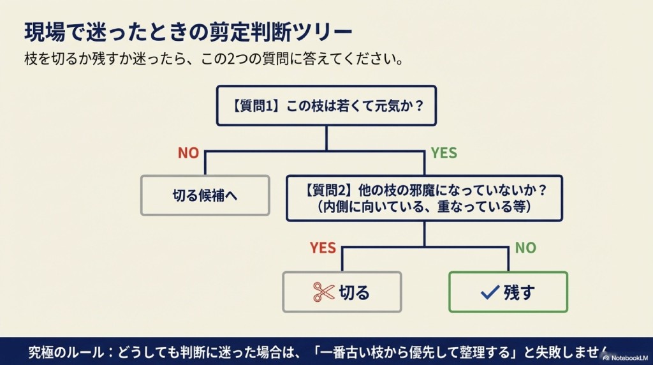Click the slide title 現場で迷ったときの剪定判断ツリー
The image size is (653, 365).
pyautogui.click(x=187, y=31)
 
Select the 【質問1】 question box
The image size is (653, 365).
pyautogui.click(x=325, y=105)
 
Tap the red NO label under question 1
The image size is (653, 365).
pyautogui.click(x=188, y=153)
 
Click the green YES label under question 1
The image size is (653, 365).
pyautogui.click(x=444, y=153)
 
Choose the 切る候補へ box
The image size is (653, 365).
pyautogui.click(x=205, y=196)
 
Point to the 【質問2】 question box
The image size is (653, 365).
pyautogui.click(x=424, y=198)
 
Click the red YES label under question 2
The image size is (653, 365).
pyautogui.click(x=323, y=248)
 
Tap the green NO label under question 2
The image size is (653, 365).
pyautogui.click(x=525, y=248)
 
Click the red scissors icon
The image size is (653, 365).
pyautogui.click(x=323, y=292)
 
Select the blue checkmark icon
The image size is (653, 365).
pyautogui.click(x=489, y=292)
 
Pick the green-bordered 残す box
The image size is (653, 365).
pyautogui.click(x=508, y=292)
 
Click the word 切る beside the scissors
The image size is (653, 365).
pyautogui.click(x=354, y=292)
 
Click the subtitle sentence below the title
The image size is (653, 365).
pyautogui.click(x=214, y=61)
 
